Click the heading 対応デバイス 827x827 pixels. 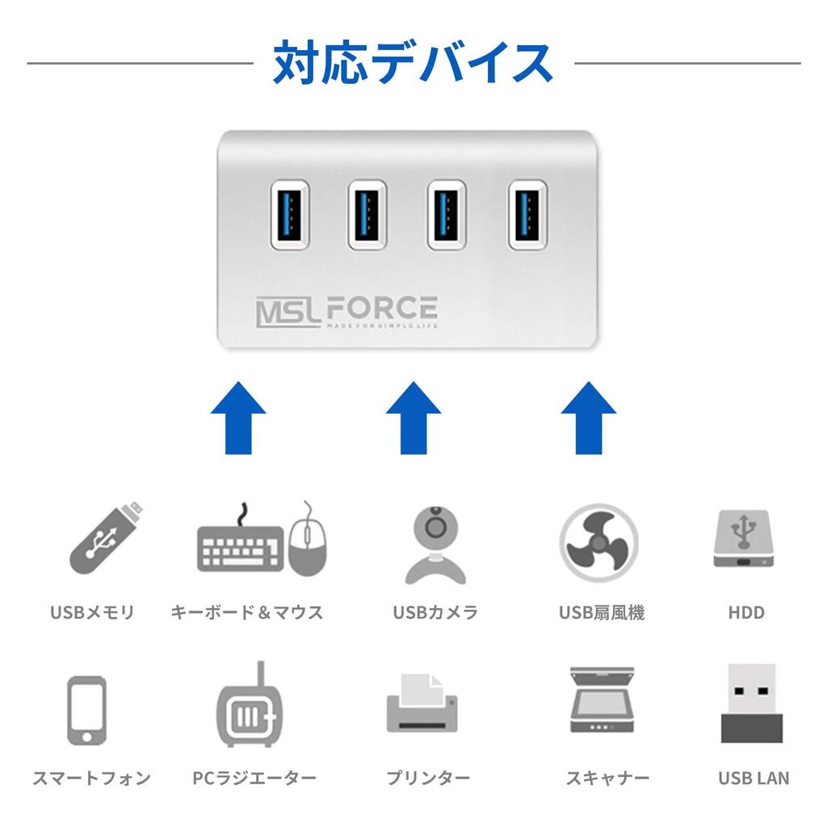click(x=413, y=63)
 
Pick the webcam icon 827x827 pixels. click(x=435, y=543)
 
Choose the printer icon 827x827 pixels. click(x=422, y=704)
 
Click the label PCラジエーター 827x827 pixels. click(x=254, y=779)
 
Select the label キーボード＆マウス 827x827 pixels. click(x=246, y=612)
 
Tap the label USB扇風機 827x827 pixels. click(x=602, y=612)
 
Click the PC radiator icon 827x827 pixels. click(x=253, y=708)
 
